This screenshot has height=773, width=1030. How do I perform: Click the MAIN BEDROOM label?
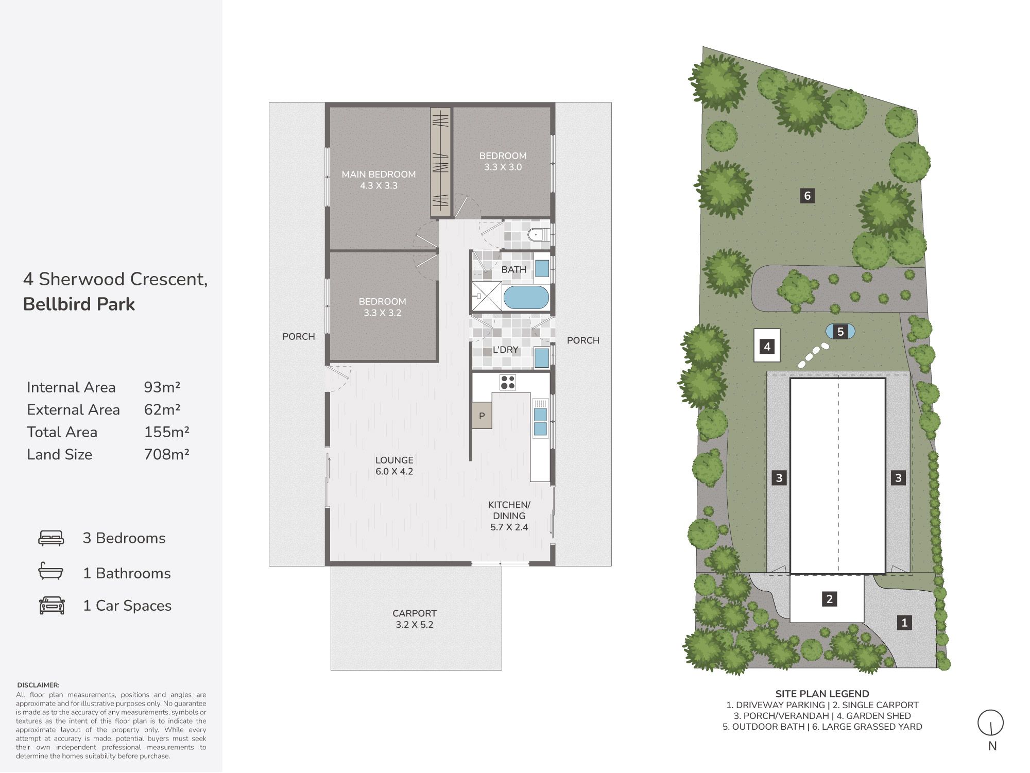click(x=379, y=175)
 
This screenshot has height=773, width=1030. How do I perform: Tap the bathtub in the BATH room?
click(x=526, y=298)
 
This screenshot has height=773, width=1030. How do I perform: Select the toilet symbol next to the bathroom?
click(x=539, y=235)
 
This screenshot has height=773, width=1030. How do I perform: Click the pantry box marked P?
click(x=482, y=416)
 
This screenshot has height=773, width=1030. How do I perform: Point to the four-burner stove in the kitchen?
click(x=507, y=382)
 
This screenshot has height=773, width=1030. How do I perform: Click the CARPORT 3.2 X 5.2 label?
click(x=415, y=619)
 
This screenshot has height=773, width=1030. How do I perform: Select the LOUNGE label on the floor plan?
click(x=394, y=460)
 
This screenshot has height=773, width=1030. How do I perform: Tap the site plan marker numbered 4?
click(x=767, y=347)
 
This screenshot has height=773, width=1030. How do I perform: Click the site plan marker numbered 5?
click(x=840, y=332)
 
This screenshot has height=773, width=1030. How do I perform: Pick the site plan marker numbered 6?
click(x=807, y=196)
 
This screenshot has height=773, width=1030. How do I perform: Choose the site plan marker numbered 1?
click(x=904, y=623)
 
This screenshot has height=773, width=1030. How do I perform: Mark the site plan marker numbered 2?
click(x=829, y=599)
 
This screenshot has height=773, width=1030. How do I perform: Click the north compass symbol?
click(x=991, y=723)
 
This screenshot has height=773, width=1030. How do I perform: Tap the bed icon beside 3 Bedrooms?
click(x=51, y=538)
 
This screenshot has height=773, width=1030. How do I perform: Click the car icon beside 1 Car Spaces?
click(x=52, y=606)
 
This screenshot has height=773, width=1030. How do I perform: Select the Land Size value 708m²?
click(x=166, y=454)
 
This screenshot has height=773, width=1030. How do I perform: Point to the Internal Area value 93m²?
click(x=162, y=387)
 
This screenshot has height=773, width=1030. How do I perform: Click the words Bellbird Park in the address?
click(x=79, y=304)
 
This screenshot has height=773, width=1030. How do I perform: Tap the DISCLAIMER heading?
click(x=38, y=685)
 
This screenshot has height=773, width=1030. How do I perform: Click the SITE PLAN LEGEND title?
click(x=822, y=694)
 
